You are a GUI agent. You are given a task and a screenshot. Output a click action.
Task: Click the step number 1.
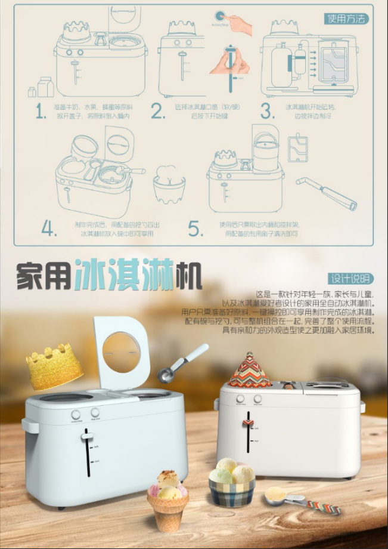pyautogui.click(x=41, y=111)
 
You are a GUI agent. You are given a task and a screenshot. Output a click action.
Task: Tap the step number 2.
pyautogui.click(x=157, y=111)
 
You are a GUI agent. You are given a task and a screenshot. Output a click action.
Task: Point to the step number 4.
pyautogui.click(x=49, y=229)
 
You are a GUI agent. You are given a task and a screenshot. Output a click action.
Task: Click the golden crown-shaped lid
pyautogui.click(x=54, y=365)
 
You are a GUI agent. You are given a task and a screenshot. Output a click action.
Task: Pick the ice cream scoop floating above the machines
pyautogui.click(x=181, y=364)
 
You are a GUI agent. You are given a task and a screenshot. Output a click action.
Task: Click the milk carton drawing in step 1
pyautogui.click(x=45, y=87)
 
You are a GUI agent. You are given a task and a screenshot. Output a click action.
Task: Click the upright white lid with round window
pyautogui.click(x=120, y=352)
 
